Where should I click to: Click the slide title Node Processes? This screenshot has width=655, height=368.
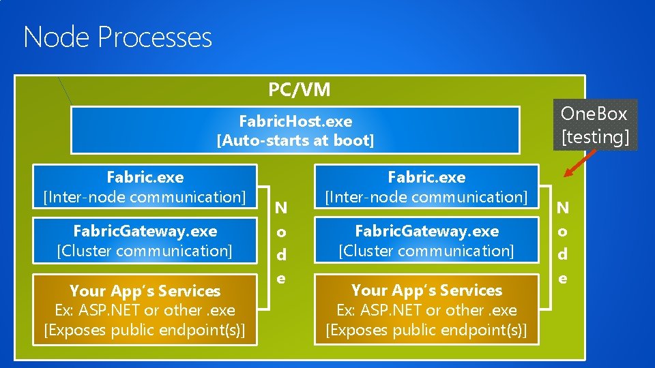[x=117, y=37]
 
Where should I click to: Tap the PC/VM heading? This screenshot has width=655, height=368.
[x=299, y=89]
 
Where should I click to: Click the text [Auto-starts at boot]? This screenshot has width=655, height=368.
[x=295, y=140]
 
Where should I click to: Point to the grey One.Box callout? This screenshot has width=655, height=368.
[x=594, y=125]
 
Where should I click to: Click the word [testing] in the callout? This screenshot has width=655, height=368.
[x=594, y=136]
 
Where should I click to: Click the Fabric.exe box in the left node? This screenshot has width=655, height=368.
[x=145, y=187]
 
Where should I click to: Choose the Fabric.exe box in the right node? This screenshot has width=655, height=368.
[x=426, y=187]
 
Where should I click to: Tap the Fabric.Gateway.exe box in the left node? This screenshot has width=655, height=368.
[x=145, y=241]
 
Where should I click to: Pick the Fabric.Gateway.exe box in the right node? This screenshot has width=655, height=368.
[x=426, y=241]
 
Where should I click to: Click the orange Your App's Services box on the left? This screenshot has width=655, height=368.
[x=145, y=310]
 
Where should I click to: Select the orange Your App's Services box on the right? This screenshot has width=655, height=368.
[x=426, y=310]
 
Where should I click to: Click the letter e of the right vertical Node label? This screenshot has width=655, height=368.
[x=563, y=278]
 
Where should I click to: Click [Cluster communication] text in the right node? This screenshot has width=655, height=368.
[x=426, y=251]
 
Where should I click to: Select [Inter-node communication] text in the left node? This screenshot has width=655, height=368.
[x=145, y=197]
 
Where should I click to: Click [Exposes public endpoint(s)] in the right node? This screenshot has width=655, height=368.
[x=426, y=330]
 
